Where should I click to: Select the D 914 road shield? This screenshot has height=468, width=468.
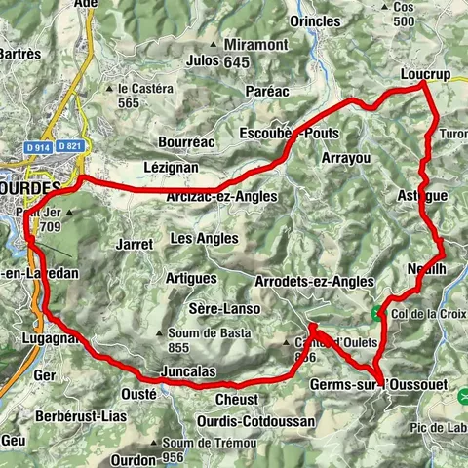point(38,146)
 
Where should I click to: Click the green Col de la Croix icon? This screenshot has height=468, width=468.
point(376,313)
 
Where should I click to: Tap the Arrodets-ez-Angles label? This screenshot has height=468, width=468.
point(313,281)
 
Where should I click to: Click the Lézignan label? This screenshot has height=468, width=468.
point(171,167)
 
